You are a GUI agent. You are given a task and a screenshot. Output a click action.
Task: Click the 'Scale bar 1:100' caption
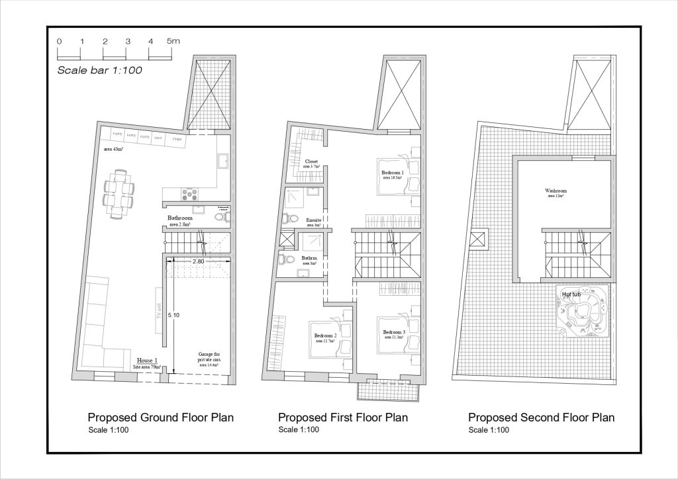click(x=100, y=69)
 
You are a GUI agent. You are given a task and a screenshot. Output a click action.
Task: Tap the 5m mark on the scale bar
click(x=173, y=41)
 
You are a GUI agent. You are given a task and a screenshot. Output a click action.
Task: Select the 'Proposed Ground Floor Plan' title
click(x=161, y=417)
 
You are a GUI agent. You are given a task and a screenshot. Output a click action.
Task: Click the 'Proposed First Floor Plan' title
click(x=342, y=417)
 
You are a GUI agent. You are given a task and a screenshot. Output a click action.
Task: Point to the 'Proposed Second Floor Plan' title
click(x=541, y=417)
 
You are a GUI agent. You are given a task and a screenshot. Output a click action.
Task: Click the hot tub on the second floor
click(x=582, y=314)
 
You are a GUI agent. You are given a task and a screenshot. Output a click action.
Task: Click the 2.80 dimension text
click(x=198, y=262)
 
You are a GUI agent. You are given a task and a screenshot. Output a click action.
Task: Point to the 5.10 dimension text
click(x=173, y=316)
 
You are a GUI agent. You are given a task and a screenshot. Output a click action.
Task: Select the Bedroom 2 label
click(x=324, y=336)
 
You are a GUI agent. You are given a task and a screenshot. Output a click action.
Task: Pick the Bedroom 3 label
click(x=393, y=332)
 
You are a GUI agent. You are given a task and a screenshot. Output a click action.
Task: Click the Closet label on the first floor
click(x=311, y=161)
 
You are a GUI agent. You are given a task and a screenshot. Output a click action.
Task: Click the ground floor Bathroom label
click(x=179, y=218)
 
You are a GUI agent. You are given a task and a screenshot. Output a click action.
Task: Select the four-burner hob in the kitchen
click(x=189, y=194)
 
